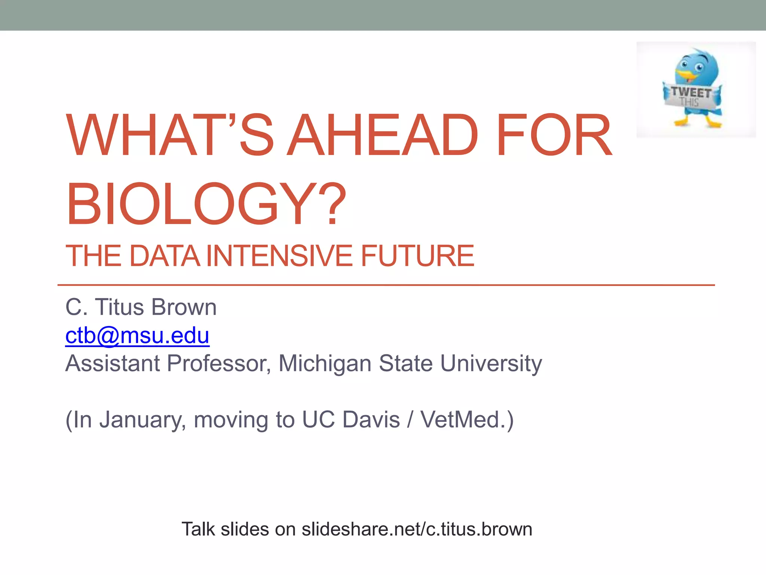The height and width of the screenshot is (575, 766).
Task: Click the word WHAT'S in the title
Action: click(170, 135)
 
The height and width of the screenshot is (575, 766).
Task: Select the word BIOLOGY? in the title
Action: click(206, 204)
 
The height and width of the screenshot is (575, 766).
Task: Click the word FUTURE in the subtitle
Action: click(417, 256)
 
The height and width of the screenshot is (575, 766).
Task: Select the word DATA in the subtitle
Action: click(165, 256)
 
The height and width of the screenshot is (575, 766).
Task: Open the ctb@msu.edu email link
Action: click(137, 335)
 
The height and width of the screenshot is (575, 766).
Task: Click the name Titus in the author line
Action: click(120, 307)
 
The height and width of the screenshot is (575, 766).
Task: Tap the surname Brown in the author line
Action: click(184, 307)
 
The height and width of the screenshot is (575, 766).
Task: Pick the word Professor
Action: click(219, 363)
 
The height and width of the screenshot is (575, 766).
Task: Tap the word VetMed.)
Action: click(467, 420)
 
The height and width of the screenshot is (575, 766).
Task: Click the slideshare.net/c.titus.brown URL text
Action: click(417, 529)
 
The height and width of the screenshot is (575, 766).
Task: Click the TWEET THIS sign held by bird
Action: click(692, 96)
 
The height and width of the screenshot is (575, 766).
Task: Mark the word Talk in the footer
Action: click(198, 529)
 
